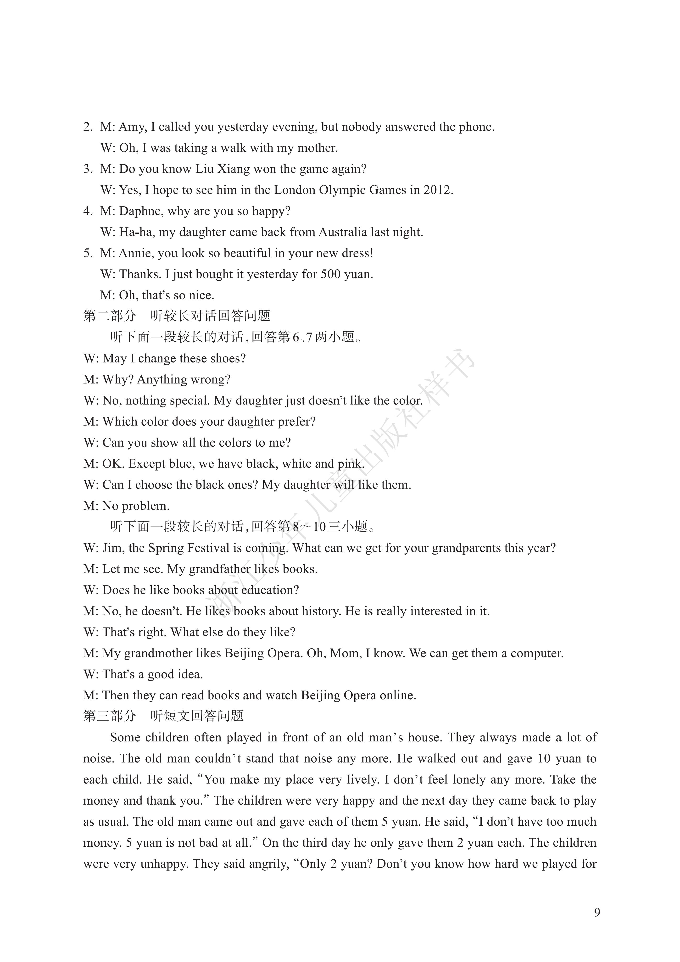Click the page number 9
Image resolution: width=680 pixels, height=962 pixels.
597,912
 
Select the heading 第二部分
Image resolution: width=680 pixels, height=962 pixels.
110,316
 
